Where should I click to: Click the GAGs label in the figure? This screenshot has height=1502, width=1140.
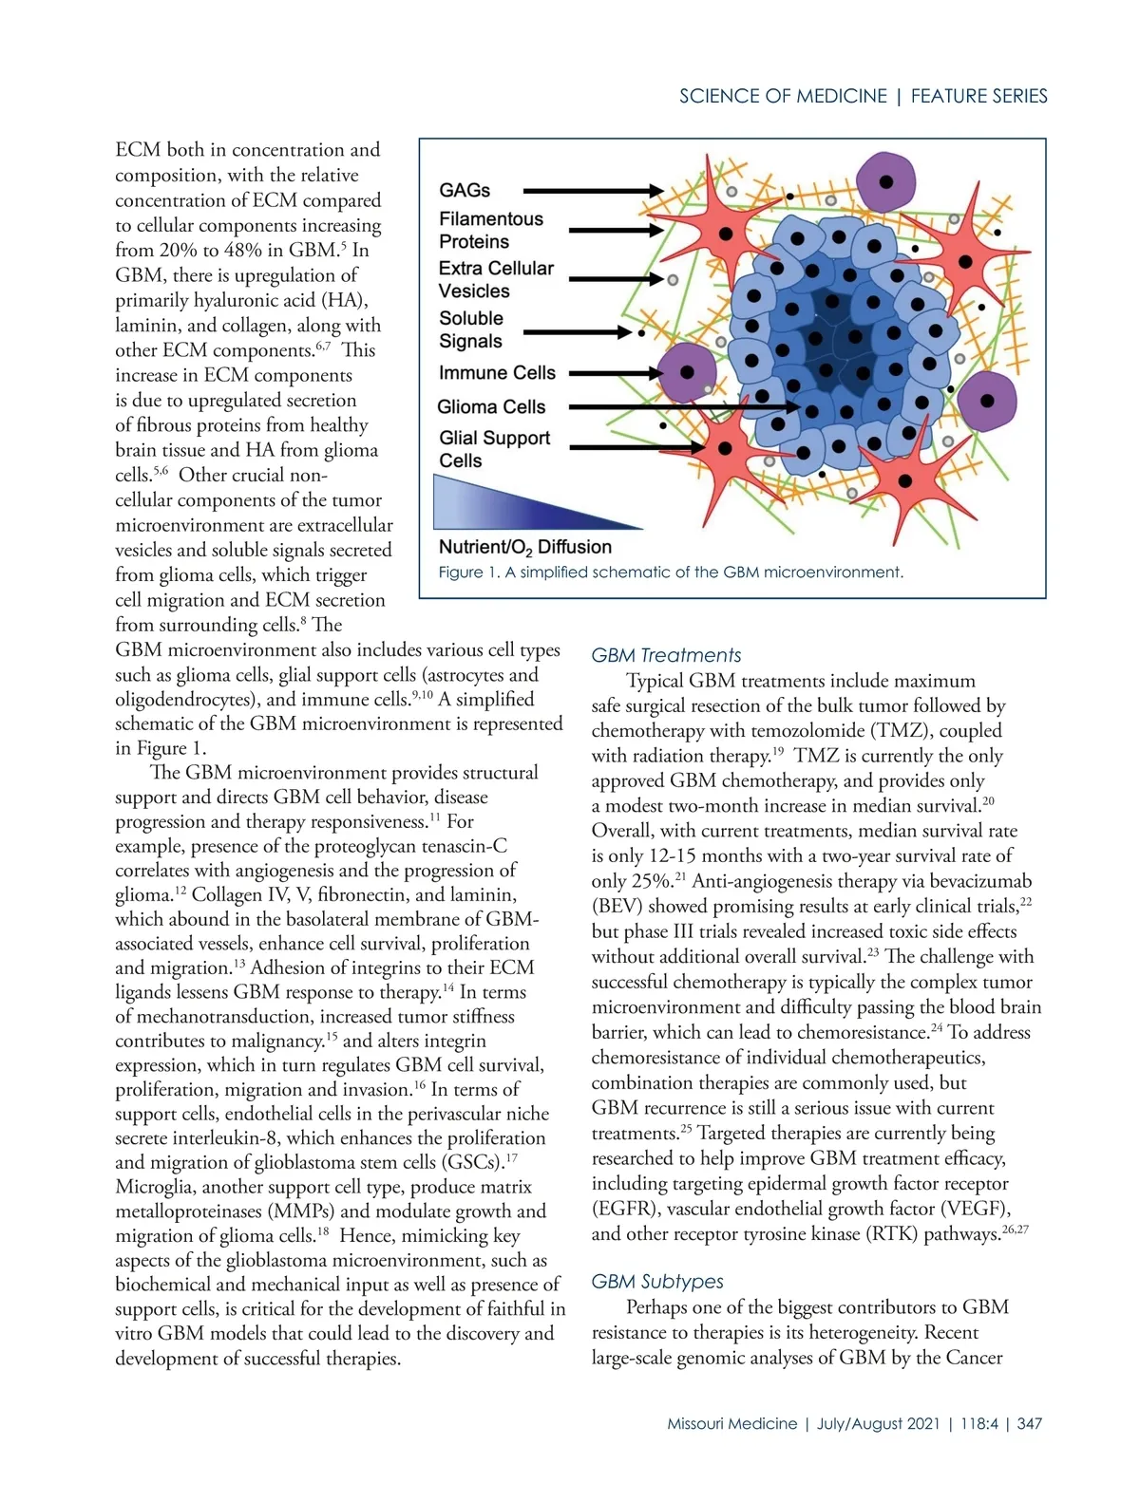click(465, 191)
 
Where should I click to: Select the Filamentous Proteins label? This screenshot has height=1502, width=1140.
click(490, 231)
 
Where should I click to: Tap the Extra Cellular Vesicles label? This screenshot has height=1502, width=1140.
click(495, 280)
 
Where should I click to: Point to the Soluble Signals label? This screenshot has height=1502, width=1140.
click(471, 330)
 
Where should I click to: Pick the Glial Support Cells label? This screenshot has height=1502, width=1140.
click(494, 449)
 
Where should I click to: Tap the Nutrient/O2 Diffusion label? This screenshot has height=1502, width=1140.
click(524, 547)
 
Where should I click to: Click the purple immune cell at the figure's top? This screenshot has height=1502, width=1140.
click(885, 181)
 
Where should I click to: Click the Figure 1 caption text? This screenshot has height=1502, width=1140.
click(670, 573)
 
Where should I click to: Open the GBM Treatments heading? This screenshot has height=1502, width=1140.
click(666, 655)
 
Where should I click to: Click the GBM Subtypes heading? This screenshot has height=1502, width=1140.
click(657, 1282)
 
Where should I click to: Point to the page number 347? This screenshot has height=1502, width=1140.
click(1029, 1424)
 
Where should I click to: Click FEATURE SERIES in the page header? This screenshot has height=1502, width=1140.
click(978, 96)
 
